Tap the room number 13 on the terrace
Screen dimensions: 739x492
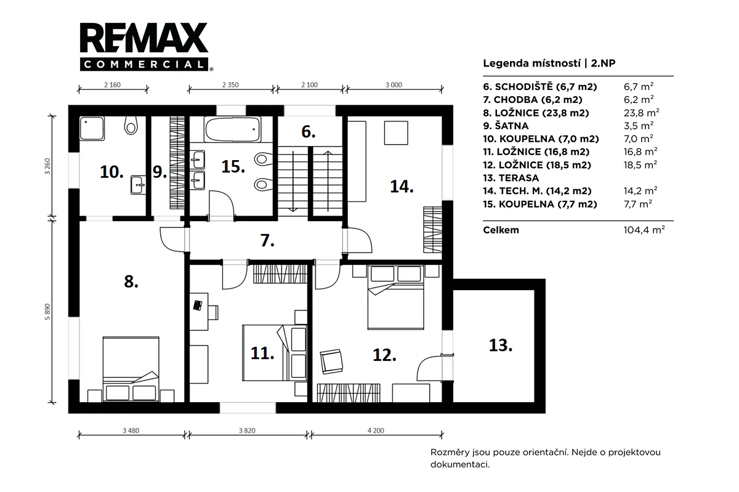pos(501,345)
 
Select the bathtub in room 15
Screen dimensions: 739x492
pos(232,130)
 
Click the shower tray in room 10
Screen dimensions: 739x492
pos(92,128)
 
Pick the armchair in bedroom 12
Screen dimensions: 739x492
pos(331,361)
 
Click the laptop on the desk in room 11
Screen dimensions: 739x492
pos(198,305)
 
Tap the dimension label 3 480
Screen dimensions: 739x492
pos(131,430)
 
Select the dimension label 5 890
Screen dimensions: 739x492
pos(47,312)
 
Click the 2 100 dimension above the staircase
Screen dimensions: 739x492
pos(309,85)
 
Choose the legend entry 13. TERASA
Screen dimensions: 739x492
pos(511,178)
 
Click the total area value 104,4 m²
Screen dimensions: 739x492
pos(644,230)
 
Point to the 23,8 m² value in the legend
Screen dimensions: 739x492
pos(641,113)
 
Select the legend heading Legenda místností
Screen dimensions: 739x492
pos(532,63)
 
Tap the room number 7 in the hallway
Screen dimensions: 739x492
pos(267,241)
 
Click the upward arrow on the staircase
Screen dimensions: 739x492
pos(328,181)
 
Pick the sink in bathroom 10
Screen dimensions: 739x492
pos(138,185)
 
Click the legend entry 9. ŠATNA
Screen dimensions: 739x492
pos(506,126)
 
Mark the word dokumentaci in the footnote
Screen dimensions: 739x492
pos(460,465)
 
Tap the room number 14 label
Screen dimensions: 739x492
pos(402,187)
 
